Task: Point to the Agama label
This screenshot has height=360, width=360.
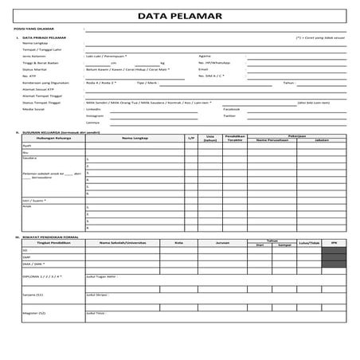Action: click(x=205, y=56)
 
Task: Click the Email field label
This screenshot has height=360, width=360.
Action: click(x=203, y=69)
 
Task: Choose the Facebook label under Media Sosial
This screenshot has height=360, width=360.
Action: click(x=232, y=108)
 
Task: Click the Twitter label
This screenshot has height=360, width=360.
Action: click(x=229, y=115)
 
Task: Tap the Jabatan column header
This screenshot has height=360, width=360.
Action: click(x=322, y=140)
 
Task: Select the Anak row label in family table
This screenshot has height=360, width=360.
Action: click(x=26, y=206)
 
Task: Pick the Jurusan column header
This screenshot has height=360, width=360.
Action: click(x=223, y=242)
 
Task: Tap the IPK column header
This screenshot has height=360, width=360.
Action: click(x=335, y=242)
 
